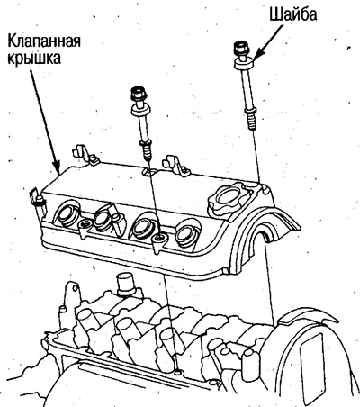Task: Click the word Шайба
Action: tap(292, 14)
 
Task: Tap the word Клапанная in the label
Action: tap(44, 41)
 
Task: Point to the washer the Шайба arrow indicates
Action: tap(244, 63)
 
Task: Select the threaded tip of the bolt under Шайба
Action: tap(251, 120)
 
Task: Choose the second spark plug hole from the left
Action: tap(103, 218)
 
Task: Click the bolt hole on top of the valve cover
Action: tap(149, 172)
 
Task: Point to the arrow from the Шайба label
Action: tap(268, 41)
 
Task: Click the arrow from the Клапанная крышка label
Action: tap(46, 121)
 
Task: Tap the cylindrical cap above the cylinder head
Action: tap(127, 285)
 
